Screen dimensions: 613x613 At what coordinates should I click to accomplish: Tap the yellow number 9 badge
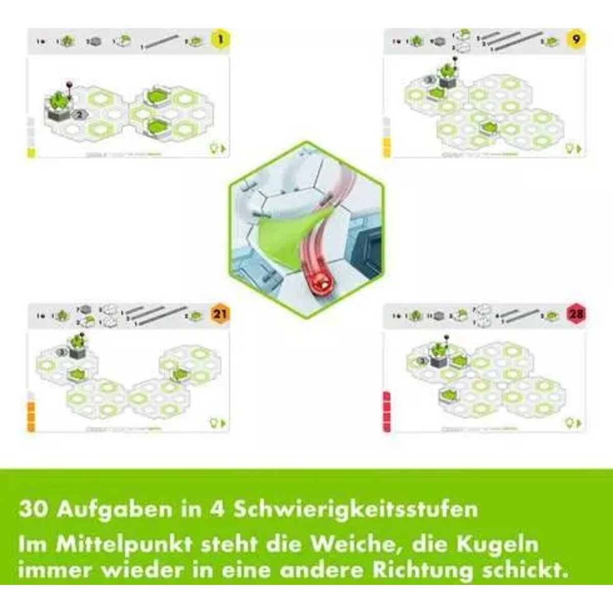click(576, 39)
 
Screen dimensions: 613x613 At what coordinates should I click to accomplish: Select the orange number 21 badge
click(219, 315)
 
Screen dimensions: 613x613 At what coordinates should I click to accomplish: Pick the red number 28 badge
click(576, 314)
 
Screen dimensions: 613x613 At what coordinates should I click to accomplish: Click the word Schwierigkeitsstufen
click(356, 510)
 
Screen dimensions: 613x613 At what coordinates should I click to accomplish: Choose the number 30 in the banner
click(35, 509)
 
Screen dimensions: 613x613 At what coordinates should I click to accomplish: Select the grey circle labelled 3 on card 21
click(62, 351)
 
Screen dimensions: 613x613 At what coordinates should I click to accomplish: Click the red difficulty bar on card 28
click(386, 412)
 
